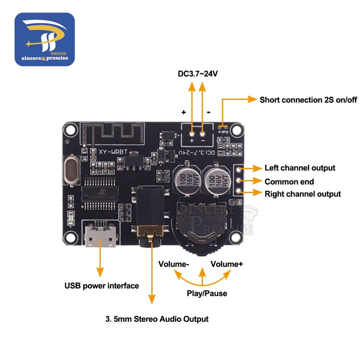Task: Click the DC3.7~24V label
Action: pos(198,73)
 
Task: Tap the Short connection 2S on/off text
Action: pos(308,99)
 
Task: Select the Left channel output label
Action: pos(300,168)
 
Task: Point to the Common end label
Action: pos(289,182)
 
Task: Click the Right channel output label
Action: pos(302,194)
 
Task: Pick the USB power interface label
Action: pos(102,285)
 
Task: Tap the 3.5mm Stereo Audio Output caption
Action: pos(157,319)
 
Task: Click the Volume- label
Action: pos(173,264)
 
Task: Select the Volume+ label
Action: pos(227,264)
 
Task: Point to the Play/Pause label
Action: pos(207,293)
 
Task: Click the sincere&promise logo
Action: pos(45,39)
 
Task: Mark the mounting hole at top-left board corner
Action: pos(70,130)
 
